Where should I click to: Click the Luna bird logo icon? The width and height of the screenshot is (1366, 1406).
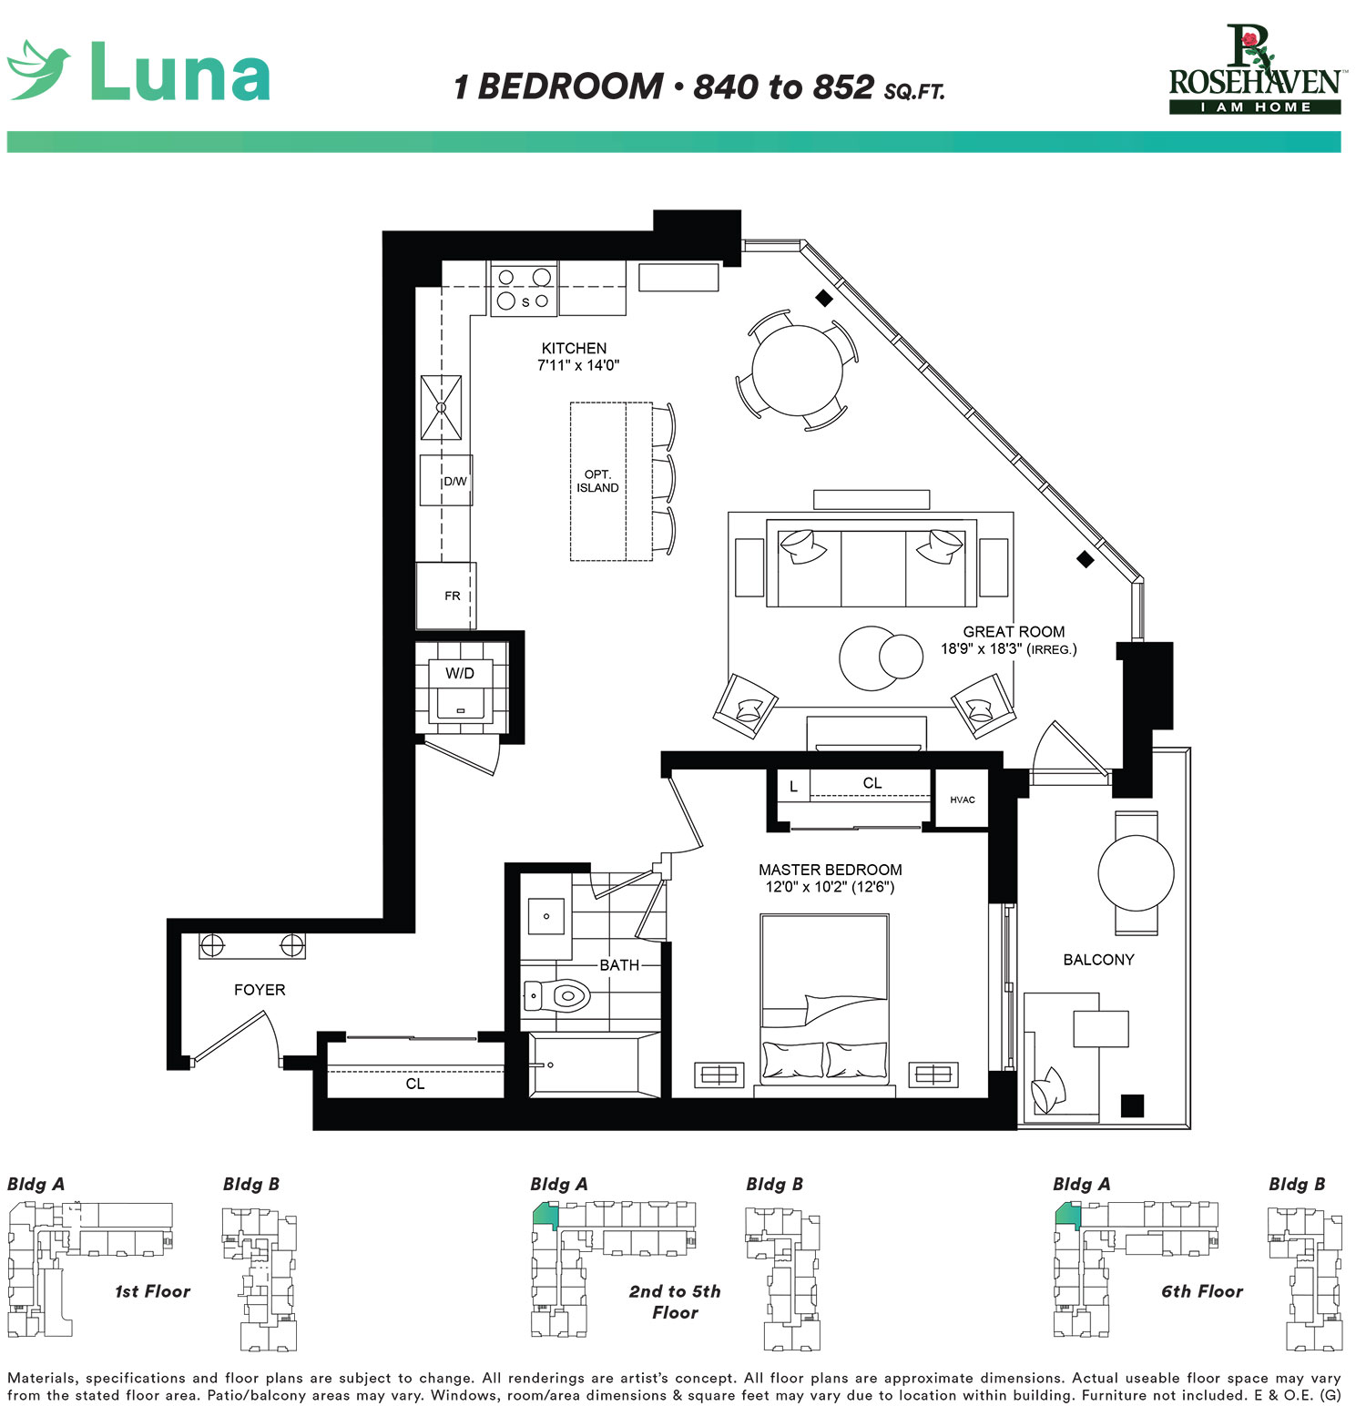(38, 69)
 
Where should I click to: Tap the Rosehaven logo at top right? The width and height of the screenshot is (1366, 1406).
(1254, 71)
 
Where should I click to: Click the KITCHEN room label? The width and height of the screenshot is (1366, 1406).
(574, 349)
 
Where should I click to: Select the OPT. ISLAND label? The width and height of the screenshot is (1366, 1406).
(597, 482)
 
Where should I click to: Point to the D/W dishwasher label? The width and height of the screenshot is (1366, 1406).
(454, 482)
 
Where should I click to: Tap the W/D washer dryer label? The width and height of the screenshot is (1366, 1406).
(460, 674)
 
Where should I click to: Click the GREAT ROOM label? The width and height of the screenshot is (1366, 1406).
(1014, 632)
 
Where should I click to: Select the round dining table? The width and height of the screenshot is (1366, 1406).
(797, 371)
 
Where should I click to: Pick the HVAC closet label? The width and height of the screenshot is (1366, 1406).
(963, 800)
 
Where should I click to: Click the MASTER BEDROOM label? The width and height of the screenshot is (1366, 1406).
(831, 871)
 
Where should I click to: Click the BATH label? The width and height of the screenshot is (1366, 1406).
(619, 965)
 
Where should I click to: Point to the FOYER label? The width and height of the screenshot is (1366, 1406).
(260, 990)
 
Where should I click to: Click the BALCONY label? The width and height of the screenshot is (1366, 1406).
(1098, 960)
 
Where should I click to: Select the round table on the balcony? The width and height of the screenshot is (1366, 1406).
(1136, 872)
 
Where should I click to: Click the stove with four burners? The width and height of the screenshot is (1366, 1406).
(524, 289)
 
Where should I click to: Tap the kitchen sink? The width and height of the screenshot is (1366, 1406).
(441, 407)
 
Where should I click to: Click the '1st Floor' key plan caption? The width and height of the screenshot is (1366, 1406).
(152, 1291)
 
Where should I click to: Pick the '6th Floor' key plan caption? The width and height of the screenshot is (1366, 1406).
(1201, 1291)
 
